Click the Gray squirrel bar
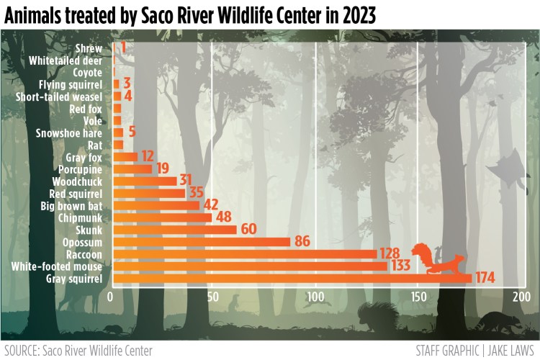[x=292, y=279]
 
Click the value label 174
[x=486, y=279]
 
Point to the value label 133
[x=401, y=266]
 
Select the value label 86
[x=302, y=242]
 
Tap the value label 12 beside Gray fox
[x=147, y=156]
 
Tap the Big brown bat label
[x=71, y=205]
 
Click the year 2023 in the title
[x=351, y=15]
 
